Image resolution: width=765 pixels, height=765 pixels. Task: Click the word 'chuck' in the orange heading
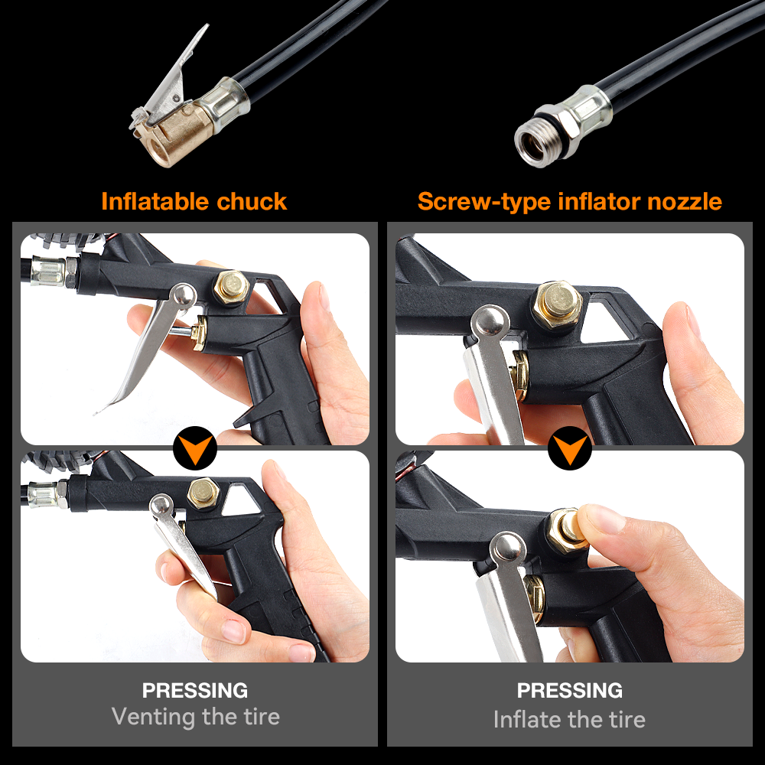252,201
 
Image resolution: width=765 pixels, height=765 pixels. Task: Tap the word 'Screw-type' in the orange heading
484,202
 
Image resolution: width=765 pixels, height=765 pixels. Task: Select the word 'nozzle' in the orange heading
685,201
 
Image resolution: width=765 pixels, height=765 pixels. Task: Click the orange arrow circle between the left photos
195,448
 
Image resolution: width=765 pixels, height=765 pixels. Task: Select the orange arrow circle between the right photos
570,448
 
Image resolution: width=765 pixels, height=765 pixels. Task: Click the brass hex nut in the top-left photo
231,288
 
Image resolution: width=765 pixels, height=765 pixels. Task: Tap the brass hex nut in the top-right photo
557,306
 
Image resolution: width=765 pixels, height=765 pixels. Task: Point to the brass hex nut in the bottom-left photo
203,493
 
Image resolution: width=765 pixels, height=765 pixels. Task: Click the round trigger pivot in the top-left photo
183,295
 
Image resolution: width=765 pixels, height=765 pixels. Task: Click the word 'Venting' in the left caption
153,717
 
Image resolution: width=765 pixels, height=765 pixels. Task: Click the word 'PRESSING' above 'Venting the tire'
195,690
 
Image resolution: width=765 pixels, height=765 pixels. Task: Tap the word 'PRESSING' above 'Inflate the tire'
570,690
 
